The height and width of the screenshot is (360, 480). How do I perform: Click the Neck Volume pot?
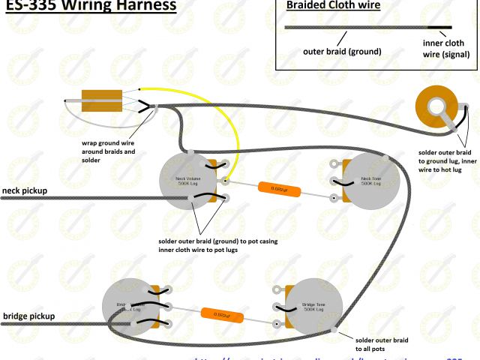[184, 180]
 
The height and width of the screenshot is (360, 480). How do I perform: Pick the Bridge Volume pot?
[127, 306]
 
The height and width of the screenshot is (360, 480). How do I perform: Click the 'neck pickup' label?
[25, 190]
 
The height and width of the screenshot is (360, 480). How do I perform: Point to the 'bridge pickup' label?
[28, 316]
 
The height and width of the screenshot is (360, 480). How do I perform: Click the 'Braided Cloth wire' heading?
[334, 6]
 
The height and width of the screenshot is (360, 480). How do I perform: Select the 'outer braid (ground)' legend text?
[342, 52]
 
